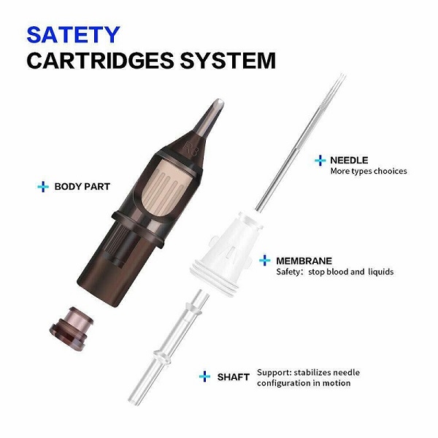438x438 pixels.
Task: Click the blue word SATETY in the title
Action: click(x=73, y=34)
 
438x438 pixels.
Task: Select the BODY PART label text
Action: click(x=82, y=187)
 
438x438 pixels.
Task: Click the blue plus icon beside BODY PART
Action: click(x=42, y=187)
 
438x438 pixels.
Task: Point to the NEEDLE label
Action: click(x=349, y=160)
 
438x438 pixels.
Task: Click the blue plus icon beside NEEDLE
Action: click(x=319, y=160)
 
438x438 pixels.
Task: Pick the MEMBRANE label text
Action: click(x=304, y=260)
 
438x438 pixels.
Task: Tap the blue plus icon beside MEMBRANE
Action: click(x=265, y=260)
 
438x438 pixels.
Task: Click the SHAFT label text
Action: click(x=232, y=377)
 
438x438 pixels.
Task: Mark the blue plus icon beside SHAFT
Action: click(x=205, y=377)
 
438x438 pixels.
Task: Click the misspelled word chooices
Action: click(x=386, y=172)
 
